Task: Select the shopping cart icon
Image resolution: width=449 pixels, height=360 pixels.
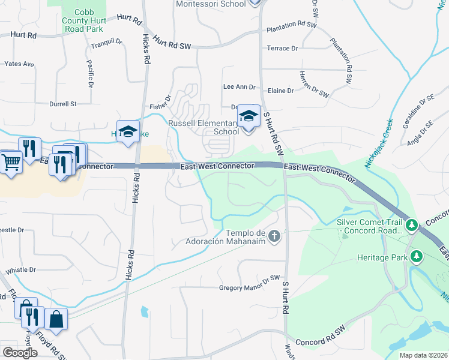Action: click(10, 161)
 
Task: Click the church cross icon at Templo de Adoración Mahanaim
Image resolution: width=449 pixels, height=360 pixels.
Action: click(274, 235)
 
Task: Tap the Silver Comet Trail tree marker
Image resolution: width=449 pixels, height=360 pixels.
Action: click(411, 226)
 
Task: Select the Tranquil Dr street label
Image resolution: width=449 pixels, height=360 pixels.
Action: click(107, 44)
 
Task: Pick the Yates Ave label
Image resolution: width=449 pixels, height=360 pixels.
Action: click(19, 64)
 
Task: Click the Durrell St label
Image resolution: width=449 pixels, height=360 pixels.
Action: click(63, 104)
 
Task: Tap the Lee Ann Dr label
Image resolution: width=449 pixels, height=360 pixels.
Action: click(239, 87)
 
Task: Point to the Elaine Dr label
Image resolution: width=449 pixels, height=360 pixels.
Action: click(281, 91)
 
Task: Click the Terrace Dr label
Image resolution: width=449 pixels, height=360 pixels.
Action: click(282, 48)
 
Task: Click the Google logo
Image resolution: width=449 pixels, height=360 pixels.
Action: click(20, 353)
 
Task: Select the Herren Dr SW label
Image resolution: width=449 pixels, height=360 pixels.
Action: click(315, 89)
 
